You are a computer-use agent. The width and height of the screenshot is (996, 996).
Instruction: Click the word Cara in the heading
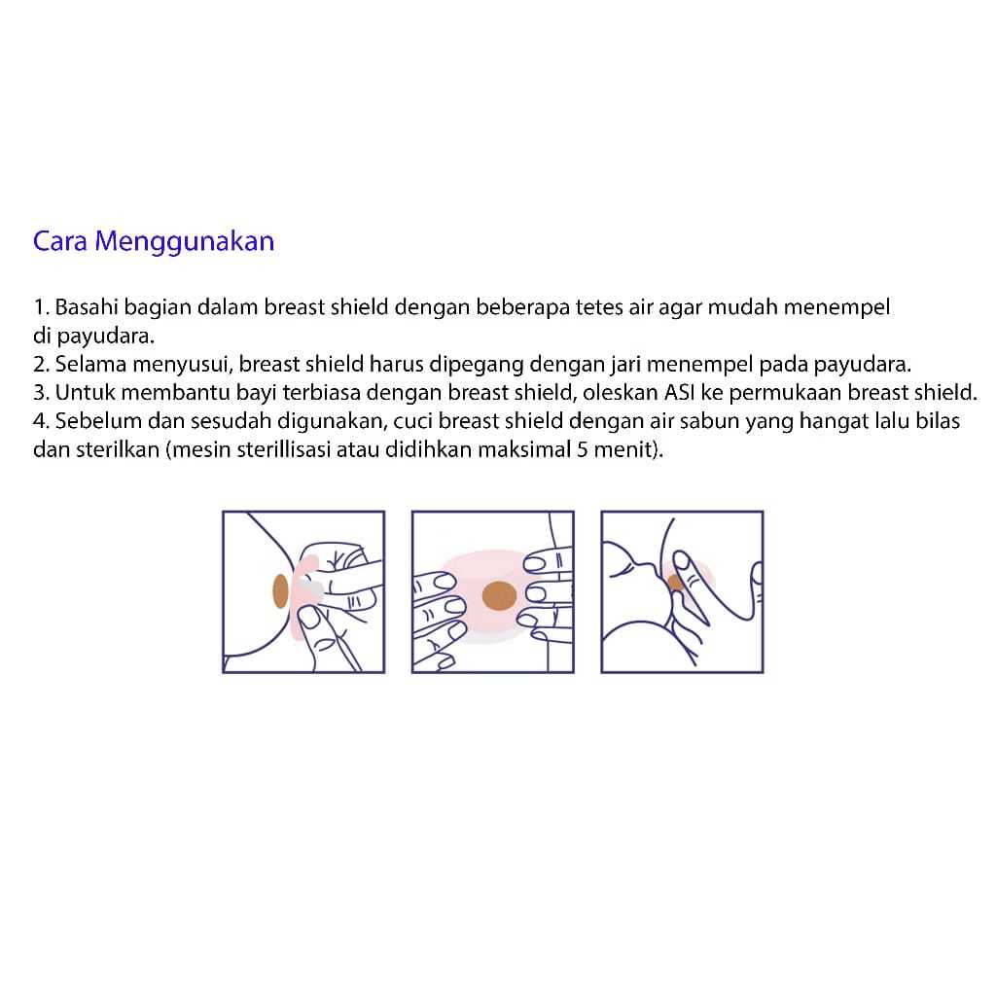[x=59, y=241]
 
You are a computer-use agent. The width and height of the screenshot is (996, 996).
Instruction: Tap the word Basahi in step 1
[x=87, y=306]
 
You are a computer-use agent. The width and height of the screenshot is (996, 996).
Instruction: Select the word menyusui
[x=182, y=366]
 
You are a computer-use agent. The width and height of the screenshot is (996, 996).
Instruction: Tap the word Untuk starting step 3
[x=86, y=393]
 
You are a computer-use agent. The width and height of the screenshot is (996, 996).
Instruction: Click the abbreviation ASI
[x=679, y=393]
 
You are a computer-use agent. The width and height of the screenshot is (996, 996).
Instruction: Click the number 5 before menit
[x=582, y=449]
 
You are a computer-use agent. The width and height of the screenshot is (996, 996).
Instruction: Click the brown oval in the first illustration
[x=280, y=590]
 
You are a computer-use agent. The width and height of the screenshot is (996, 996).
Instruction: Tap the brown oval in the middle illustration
[x=499, y=596]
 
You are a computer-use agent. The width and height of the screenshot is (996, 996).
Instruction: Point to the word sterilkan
[x=118, y=449]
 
